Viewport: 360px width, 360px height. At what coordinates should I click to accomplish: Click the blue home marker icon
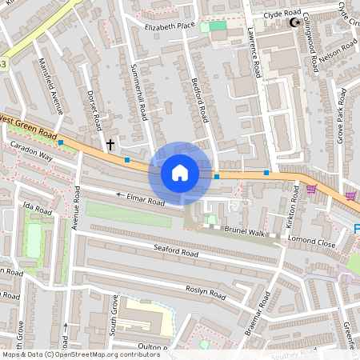[180, 172]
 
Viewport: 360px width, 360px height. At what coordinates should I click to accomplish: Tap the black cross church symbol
[110, 145]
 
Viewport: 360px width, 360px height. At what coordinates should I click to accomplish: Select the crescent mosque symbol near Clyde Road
[293, 22]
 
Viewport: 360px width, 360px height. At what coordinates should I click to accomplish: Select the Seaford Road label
[175, 253]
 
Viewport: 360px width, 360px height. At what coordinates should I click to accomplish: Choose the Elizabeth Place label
[170, 26]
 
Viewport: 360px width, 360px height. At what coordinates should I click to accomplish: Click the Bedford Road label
[200, 101]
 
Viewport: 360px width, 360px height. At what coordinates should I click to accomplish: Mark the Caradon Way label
[30, 151]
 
